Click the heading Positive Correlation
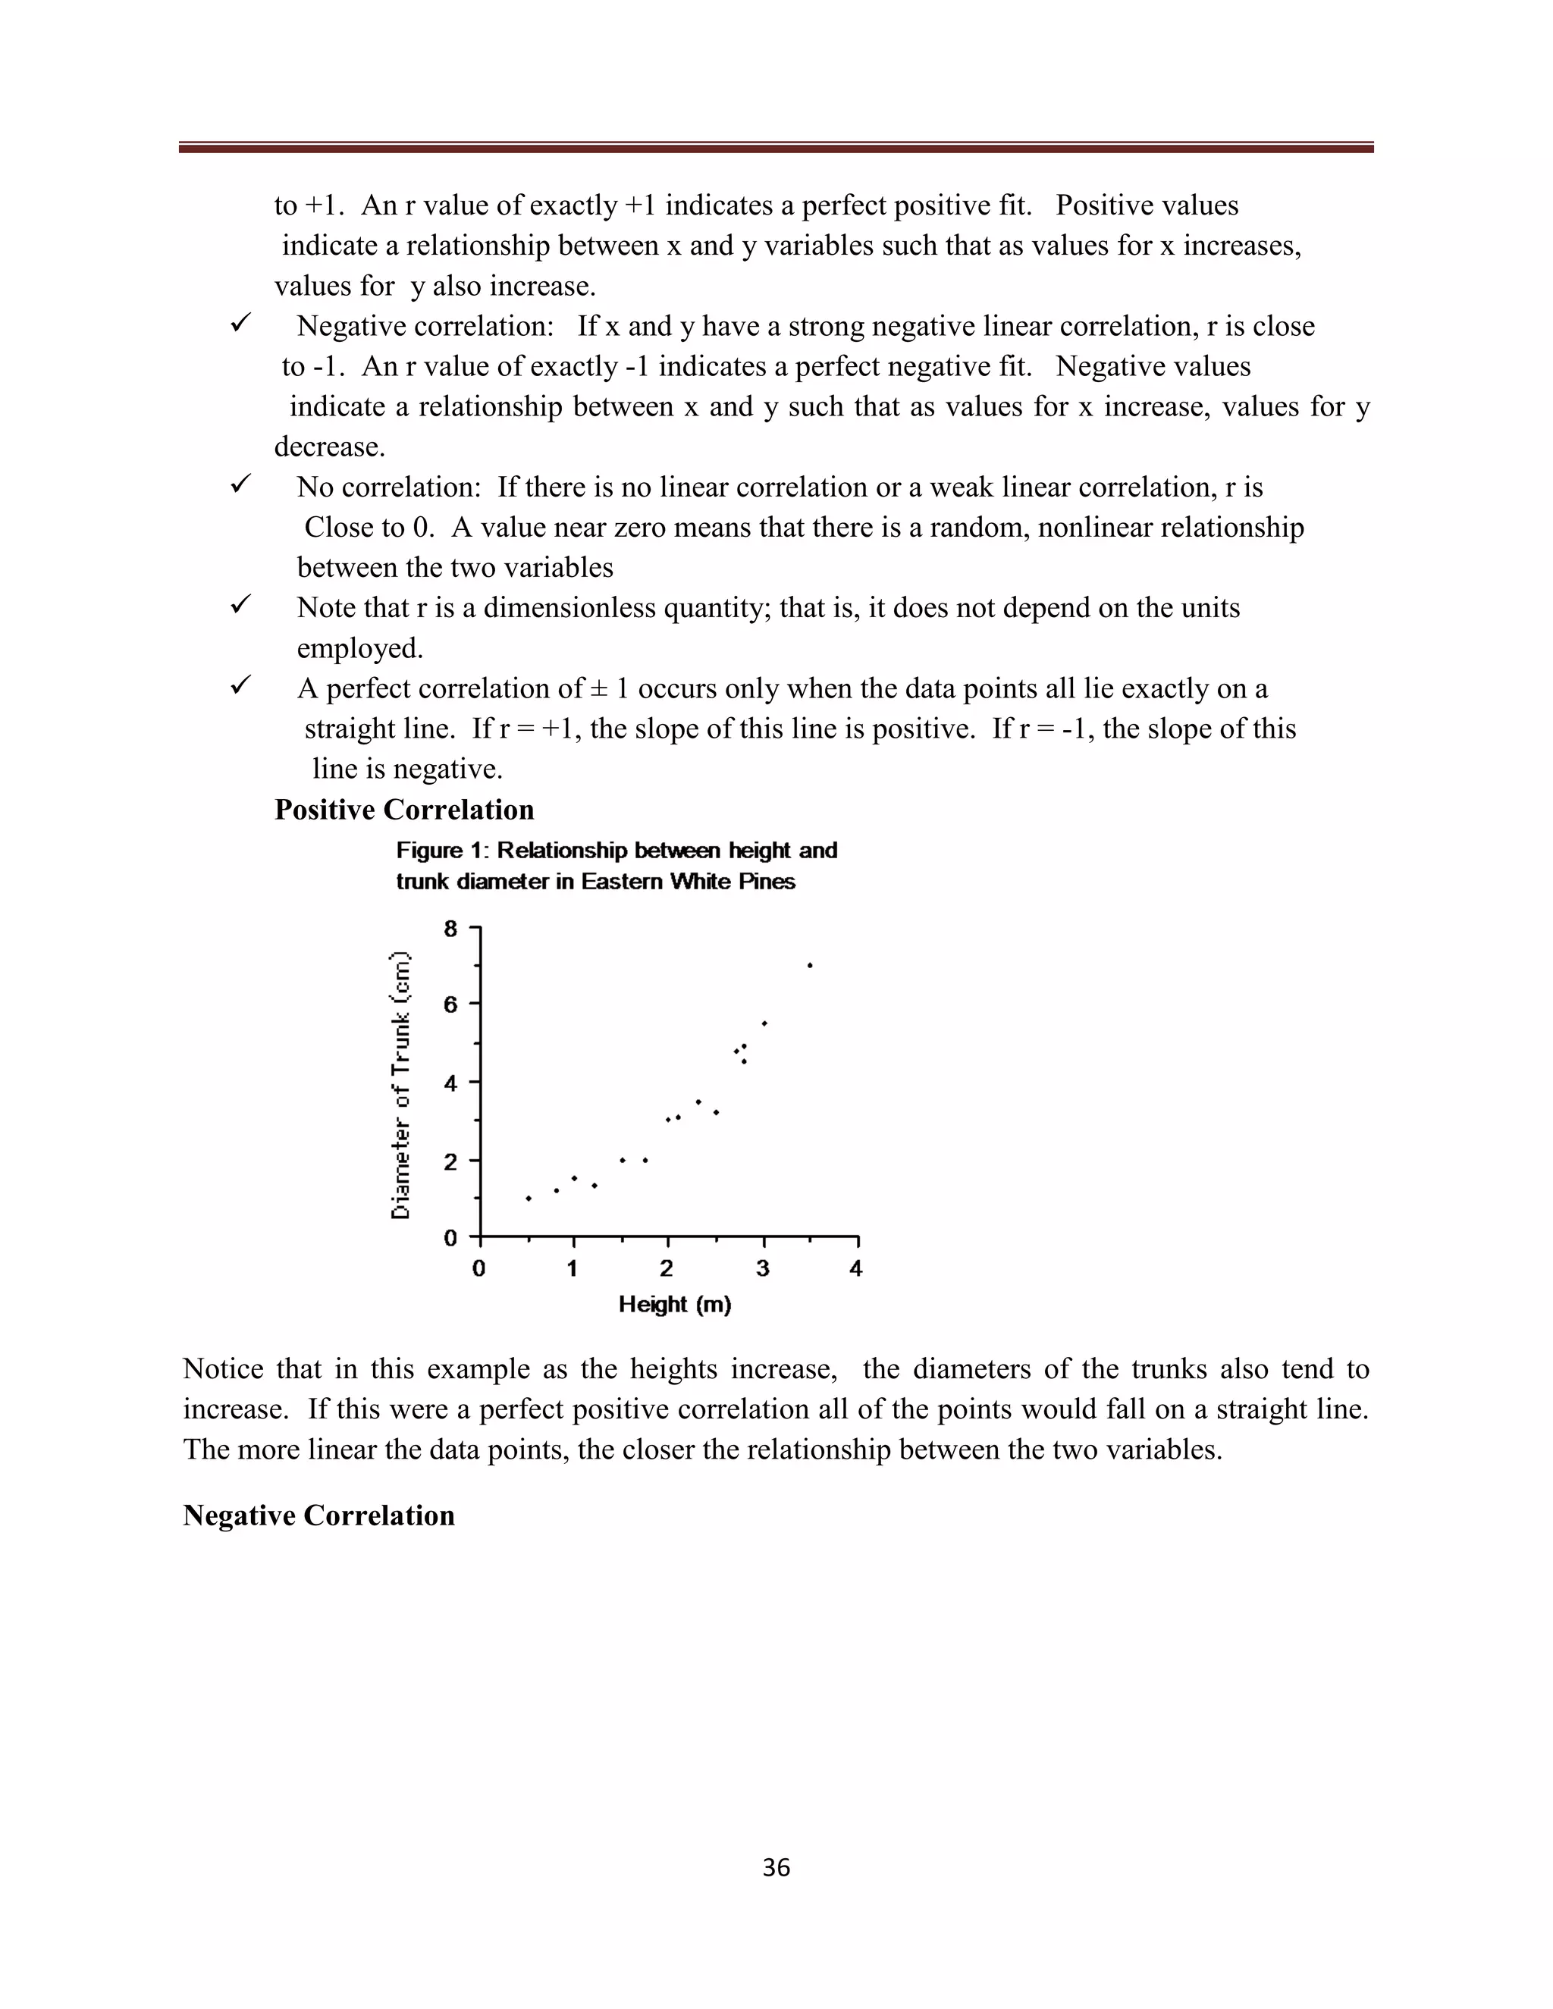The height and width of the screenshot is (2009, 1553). (404, 810)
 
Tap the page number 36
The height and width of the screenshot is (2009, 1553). (776, 1867)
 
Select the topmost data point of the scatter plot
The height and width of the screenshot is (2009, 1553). (810, 965)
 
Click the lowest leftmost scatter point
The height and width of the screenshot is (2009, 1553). (528, 1199)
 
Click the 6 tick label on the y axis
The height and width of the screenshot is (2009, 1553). (450, 1004)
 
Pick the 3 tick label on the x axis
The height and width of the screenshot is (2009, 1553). (763, 1269)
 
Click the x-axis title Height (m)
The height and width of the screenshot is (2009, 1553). (674, 1305)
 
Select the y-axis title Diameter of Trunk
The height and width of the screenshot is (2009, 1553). (400, 1086)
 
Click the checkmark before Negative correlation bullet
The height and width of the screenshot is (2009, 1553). (241, 324)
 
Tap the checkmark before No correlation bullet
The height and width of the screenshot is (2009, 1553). (241, 484)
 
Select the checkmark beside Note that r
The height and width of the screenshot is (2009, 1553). (241, 605)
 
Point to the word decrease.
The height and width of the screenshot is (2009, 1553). (328, 447)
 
